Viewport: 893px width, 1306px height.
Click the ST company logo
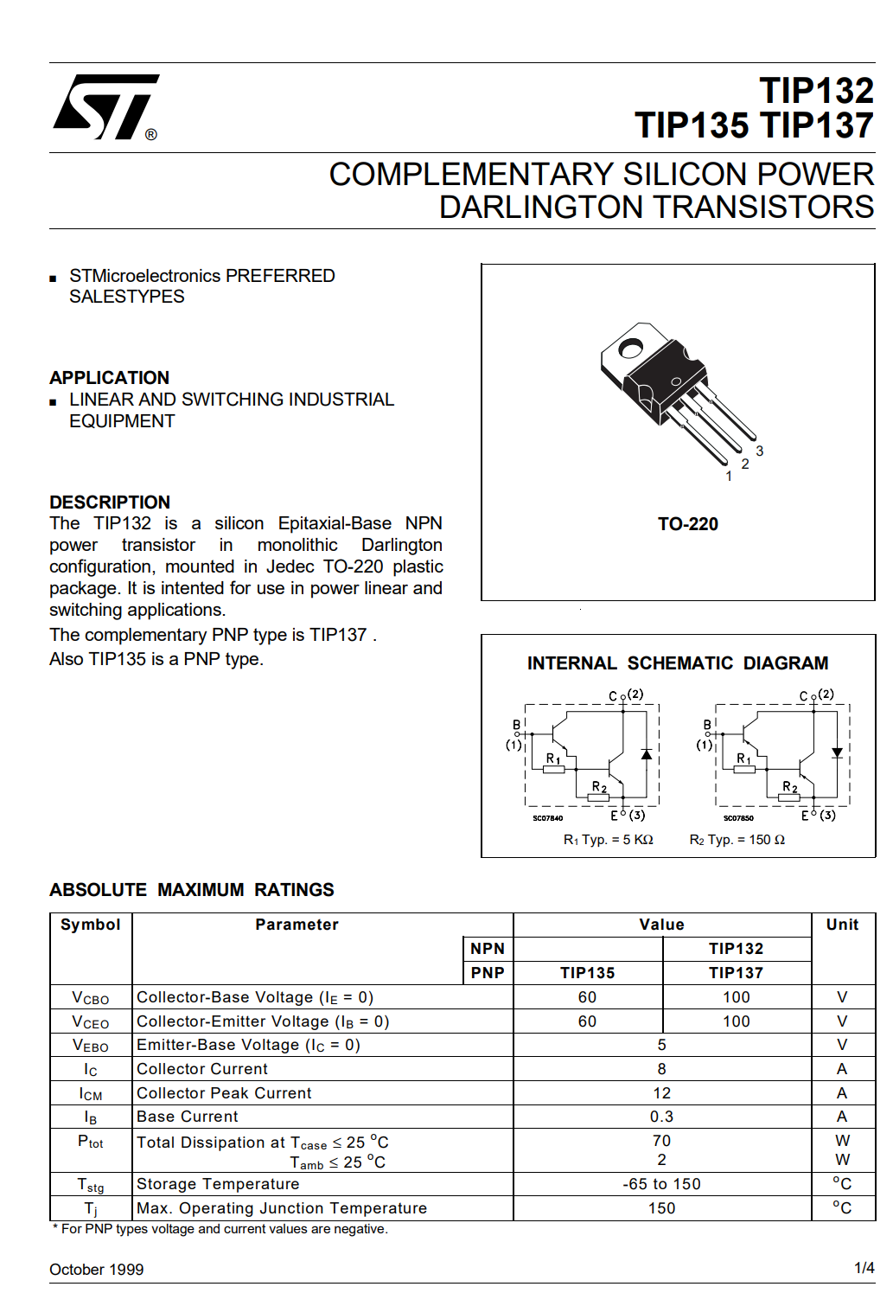point(105,107)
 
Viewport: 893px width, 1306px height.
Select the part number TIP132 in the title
point(816,91)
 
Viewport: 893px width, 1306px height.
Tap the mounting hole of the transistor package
point(630,349)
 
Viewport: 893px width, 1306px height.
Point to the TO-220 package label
point(687,524)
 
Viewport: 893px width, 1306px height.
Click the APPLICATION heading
point(109,378)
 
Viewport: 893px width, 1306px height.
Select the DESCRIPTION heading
point(110,503)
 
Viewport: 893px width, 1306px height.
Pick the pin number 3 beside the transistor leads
point(759,451)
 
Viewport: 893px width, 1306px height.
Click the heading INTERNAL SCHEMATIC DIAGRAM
point(678,663)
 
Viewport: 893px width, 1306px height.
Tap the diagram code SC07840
point(547,818)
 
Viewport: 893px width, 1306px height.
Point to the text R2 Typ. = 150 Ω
point(737,840)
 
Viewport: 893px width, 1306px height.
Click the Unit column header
point(842,925)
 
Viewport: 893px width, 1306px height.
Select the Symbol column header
point(91,925)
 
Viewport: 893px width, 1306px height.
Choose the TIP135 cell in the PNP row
point(587,973)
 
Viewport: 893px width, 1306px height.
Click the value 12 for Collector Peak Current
point(661,1093)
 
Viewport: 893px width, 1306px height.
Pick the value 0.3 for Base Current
point(661,1117)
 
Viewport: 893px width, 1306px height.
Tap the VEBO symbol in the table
point(90,1046)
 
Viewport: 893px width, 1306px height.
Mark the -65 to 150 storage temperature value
point(661,1184)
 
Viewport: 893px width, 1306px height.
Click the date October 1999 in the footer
point(97,1270)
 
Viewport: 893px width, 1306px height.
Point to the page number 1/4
point(864,1268)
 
